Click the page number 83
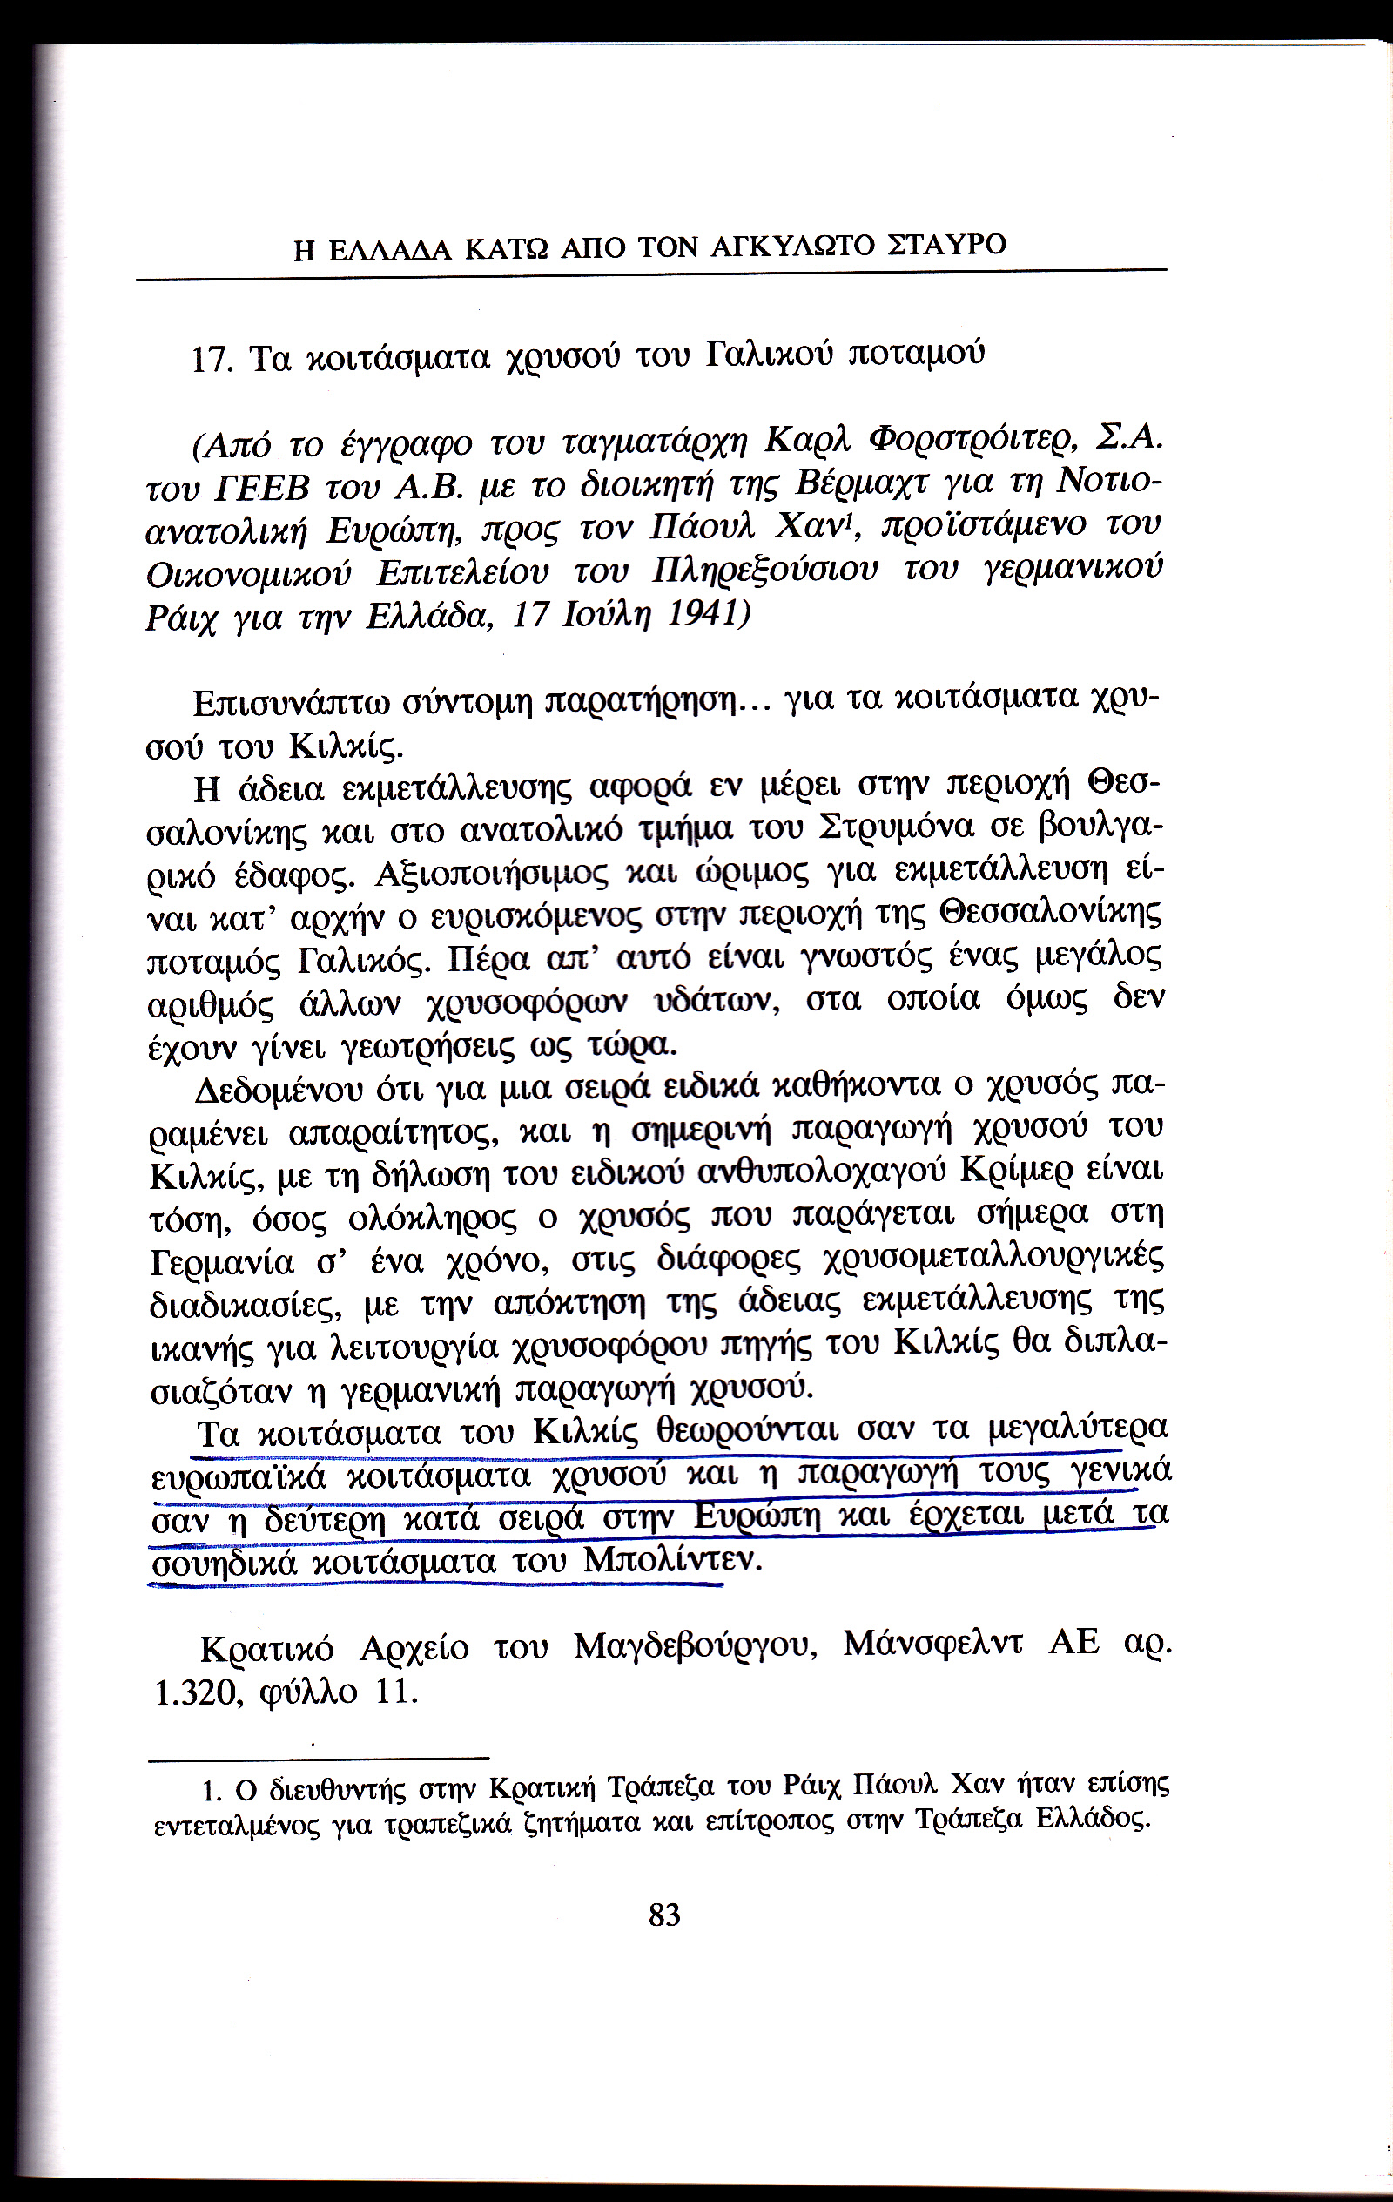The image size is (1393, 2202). point(664,1915)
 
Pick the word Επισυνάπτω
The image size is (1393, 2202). point(292,704)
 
